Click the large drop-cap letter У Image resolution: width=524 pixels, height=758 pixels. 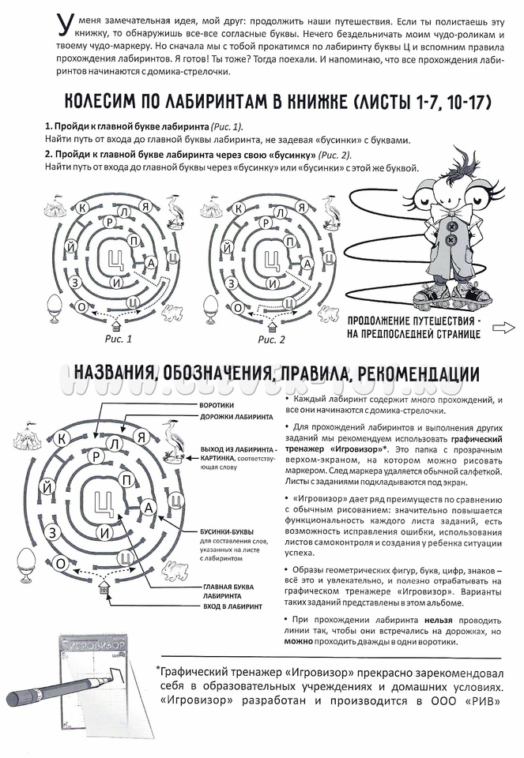[66, 28]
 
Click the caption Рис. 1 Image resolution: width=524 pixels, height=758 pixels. [118, 340]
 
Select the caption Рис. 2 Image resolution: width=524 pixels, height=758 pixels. [270, 340]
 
